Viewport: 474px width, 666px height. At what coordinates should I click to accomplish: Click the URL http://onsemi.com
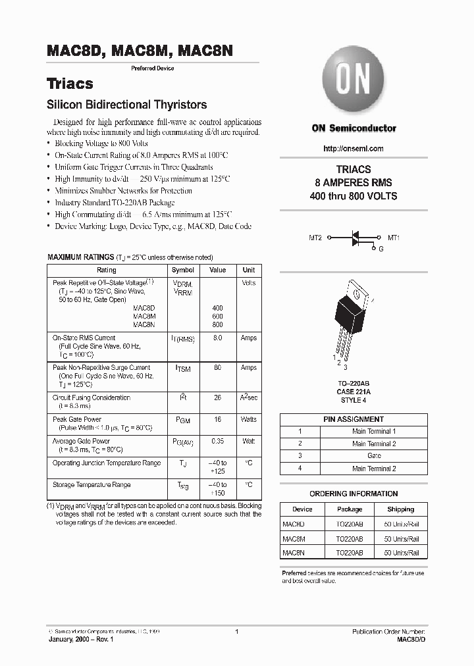(x=354, y=149)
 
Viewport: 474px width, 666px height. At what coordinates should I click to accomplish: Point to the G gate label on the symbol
(x=380, y=249)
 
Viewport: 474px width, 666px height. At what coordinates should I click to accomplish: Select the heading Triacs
(x=70, y=84)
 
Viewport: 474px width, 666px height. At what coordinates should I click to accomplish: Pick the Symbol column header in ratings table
(x=182, y=270)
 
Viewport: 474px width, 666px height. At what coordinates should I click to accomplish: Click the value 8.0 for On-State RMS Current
(x=217, y=338)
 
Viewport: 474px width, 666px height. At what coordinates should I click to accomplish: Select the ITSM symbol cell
(x=182, y=369)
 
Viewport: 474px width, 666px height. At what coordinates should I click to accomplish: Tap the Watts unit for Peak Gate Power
(x=248, y=419)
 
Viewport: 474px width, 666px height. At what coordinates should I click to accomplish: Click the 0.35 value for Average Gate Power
(x=217, y=441)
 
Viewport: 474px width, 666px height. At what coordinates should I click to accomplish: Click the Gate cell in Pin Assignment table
(x=374, y=455)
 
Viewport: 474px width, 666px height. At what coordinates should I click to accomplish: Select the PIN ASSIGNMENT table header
(x=354, y=419)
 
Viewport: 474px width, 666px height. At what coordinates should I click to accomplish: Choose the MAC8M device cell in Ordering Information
(x=293, y=539)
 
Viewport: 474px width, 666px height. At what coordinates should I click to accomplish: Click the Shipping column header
(x=400, y=509)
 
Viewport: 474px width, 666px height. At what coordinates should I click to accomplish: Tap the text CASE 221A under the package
(x=354, y=392)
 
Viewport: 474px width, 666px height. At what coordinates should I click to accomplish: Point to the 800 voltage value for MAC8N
(x=217, y=324)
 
